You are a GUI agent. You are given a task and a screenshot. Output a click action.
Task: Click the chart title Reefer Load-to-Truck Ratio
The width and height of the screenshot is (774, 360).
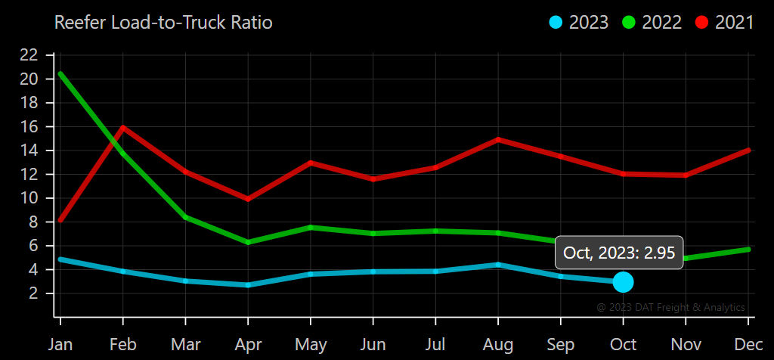pyautogui.click(x=163, y=23)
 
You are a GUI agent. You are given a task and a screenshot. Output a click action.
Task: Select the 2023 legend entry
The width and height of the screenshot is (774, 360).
pyautogui.click(x=579, y=23)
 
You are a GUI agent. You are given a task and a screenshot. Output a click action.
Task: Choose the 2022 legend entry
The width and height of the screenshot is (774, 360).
pyautogui.click(x=652, y=23)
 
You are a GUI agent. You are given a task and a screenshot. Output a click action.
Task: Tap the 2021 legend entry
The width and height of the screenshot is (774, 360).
pyautogui.click(x=726, y=23)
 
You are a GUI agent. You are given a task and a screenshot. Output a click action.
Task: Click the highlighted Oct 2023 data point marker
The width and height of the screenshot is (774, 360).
pyautogui.click(x=623, y=282)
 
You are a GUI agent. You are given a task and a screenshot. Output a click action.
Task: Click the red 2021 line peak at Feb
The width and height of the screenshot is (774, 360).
pyautogui.click(x=122, y=127)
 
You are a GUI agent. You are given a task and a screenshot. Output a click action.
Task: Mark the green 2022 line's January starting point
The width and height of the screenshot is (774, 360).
pyautogui.click(x=60, y=73)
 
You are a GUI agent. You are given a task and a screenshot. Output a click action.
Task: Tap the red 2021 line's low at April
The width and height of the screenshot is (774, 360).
pyautogui.click(x=248, y=199)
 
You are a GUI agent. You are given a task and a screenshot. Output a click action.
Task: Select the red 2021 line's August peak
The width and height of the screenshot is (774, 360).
pyautogui.click(x=498, y=139)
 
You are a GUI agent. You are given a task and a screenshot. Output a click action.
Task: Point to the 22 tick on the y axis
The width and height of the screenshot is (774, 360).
pyautogui.click(x=29, y=54)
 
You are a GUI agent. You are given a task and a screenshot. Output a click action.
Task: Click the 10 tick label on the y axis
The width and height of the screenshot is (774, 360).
pyautogui.click(x=29, y=198)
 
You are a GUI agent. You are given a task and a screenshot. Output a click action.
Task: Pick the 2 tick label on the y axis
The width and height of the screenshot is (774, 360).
pyautogui.click(x=34, y=293)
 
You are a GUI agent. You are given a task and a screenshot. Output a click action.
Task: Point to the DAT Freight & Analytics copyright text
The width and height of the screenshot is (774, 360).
pyautogui.click(x=670, y=308)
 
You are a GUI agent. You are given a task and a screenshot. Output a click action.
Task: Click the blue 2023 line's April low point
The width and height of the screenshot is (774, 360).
pyautogui.click(x=248, y=285)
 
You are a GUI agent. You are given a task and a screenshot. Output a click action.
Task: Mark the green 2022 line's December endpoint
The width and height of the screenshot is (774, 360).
pyautogui.click(x=748, y=249)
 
